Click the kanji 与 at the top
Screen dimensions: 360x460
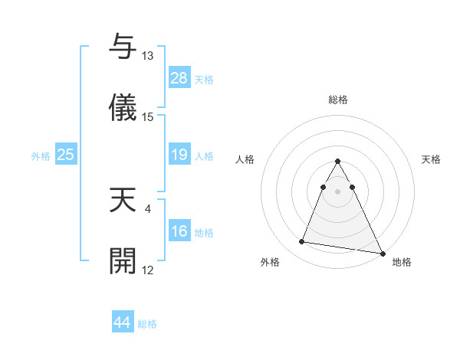click(122, 47)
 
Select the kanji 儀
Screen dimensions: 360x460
click(122, 107)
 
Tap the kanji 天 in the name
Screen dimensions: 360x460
click(122, 198)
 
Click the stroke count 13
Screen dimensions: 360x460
click(148, 56)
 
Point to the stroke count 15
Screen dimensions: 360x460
click(148, 117)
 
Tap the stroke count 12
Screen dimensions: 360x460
click(148, 270)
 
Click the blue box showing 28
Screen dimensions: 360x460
click(179, 77)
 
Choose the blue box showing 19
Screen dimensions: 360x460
click(179, 155)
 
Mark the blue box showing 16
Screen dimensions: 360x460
click(179, 231)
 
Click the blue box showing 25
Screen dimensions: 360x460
click(65, 155)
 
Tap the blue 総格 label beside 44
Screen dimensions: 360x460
click(147, 324)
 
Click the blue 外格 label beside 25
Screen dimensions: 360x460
click(41, 156)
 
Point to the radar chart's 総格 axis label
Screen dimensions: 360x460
click(337, 100)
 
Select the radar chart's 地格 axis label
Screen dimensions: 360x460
click(402, 262)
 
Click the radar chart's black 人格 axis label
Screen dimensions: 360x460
click(246, 159)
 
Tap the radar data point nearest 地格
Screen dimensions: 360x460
click(382, 254)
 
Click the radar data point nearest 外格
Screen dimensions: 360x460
click(302, 242)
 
